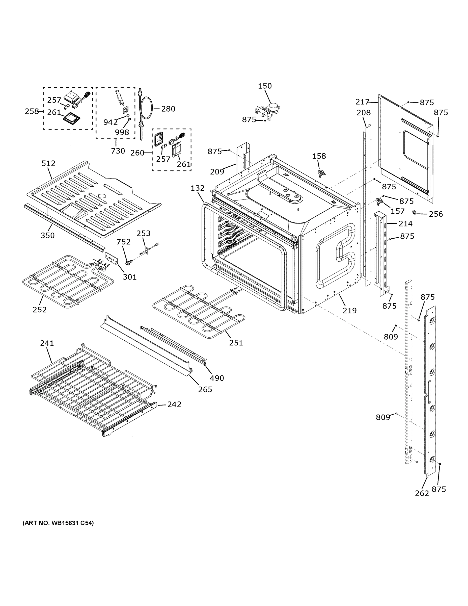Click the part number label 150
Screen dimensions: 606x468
point(265,86)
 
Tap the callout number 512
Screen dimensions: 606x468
point(48,163)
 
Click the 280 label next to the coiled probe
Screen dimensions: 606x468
point(168,109)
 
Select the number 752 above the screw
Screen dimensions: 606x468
point(123,242)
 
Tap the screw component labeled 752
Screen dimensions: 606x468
point(128,262)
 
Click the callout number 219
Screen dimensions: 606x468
point(349,311)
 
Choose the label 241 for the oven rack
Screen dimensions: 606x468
point(47,343)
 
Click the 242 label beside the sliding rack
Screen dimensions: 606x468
point(174,404)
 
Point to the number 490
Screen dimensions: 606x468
point(216,378)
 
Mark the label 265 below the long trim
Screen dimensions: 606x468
point(205,389)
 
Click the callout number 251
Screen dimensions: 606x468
point(236,343)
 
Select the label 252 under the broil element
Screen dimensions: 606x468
point(40,309)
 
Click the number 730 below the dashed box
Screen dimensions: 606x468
point(118,151)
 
